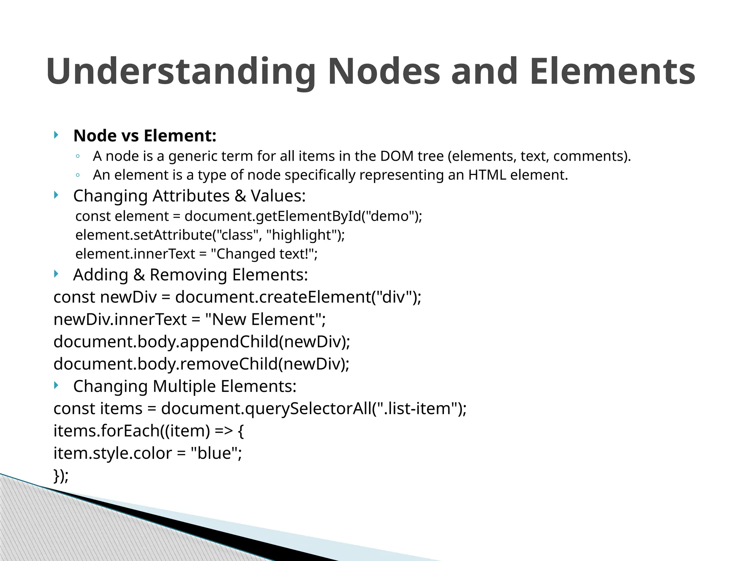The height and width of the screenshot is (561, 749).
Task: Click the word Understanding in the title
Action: tap(181, 72)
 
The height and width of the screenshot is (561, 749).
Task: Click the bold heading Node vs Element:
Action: tap(145, 136)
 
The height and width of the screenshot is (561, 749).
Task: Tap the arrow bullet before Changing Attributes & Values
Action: tap(56, 195)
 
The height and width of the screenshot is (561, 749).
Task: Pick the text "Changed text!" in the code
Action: tap(262, 254)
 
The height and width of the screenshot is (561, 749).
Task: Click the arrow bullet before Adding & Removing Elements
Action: tap(56, 274)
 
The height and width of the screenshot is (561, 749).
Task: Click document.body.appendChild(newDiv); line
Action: tap(202, 342)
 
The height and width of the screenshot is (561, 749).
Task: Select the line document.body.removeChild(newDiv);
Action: tap(202, 364)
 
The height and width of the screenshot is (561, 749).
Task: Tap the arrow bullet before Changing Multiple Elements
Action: tap(56, 385)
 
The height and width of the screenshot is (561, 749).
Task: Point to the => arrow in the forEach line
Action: tap(223, 431)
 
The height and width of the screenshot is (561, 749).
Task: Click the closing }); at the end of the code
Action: tap(61, 476)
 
